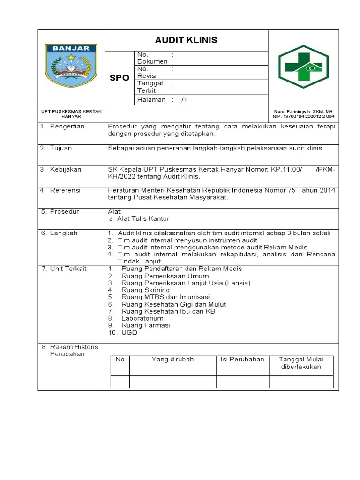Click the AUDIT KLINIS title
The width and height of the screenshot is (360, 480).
click(186, 40)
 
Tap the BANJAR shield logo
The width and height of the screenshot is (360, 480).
click(71, 66)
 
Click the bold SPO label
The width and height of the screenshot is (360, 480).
click(120, 78)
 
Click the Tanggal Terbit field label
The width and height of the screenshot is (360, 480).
click(150, 87)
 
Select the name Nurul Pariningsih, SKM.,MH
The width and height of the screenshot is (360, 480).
click(304, 111)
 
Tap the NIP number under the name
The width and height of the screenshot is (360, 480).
click(304, 116)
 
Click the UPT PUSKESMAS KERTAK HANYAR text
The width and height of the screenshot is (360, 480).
click(71, 113)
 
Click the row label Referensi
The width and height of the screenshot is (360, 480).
click(65, 190)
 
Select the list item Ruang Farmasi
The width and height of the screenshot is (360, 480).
click(145, 325)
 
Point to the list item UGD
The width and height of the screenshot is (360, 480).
click(129, 332)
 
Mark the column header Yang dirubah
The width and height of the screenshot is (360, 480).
click(172, 360)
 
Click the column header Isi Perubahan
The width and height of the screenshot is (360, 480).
click(242, 360)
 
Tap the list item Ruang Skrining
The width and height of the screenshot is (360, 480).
click(145, 290)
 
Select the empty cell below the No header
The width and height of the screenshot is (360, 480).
click(120, 382)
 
